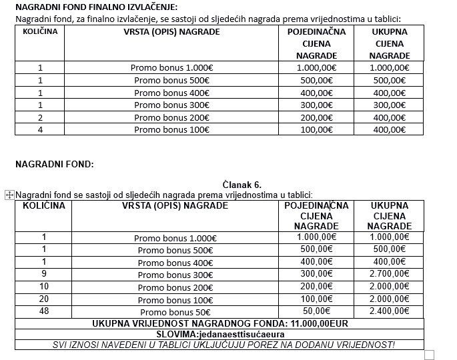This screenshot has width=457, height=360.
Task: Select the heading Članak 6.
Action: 243,184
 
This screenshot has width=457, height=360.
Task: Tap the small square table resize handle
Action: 430,355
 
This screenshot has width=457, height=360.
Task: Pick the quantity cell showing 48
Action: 44,311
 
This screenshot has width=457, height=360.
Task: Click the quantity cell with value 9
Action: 44,273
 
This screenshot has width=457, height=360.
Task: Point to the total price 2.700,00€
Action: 389,273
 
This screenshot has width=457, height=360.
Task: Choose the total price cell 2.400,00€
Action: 389,311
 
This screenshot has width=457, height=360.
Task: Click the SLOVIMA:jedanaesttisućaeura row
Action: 220,334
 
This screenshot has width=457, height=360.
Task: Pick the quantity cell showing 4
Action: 41,129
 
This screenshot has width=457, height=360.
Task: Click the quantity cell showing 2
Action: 41,117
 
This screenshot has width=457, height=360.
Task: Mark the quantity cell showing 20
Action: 44,299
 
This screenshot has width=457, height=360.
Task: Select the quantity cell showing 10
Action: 44,286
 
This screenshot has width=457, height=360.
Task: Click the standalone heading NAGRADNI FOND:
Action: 55,164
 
